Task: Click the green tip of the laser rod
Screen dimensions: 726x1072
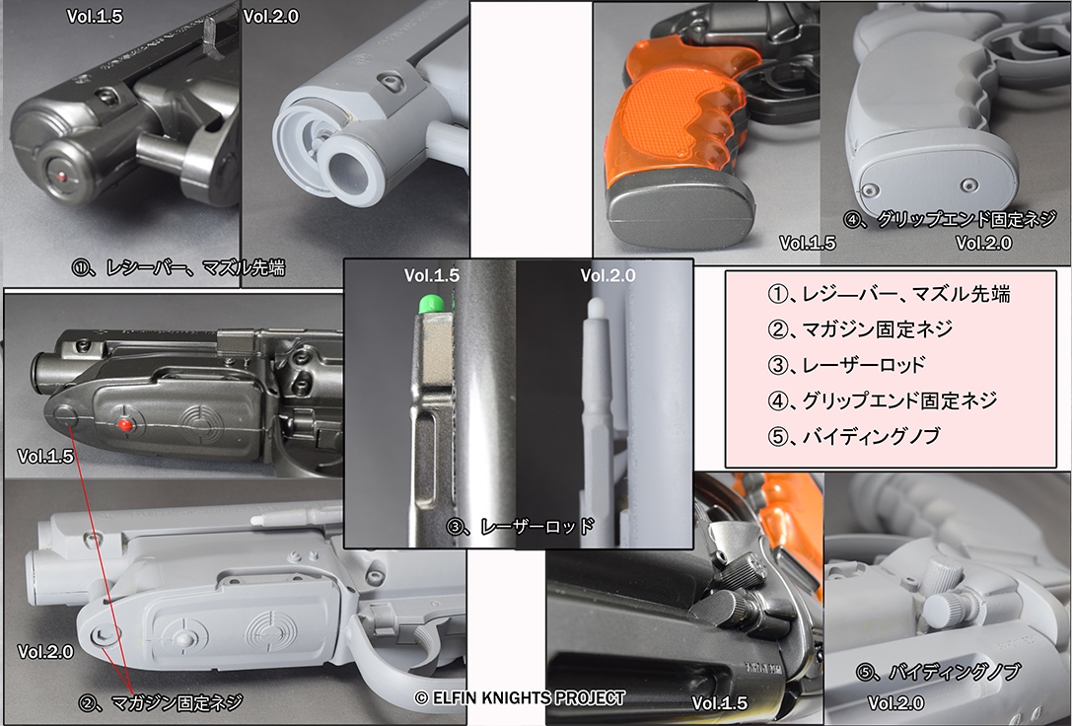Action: (x=428, y=305)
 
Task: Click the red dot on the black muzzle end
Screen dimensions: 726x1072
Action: (x=61, y=176)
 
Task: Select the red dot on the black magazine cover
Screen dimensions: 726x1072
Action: (x=125, y=424)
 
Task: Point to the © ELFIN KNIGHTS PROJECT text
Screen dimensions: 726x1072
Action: (x=520, y=698)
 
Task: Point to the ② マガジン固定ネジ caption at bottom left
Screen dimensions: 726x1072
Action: (x=161, y=702)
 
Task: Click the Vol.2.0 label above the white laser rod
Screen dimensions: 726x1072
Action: (x=607, y=275)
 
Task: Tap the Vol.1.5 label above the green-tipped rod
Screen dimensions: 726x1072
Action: (x=431, y=275)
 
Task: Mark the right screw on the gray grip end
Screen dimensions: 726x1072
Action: (x=968, y=183)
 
